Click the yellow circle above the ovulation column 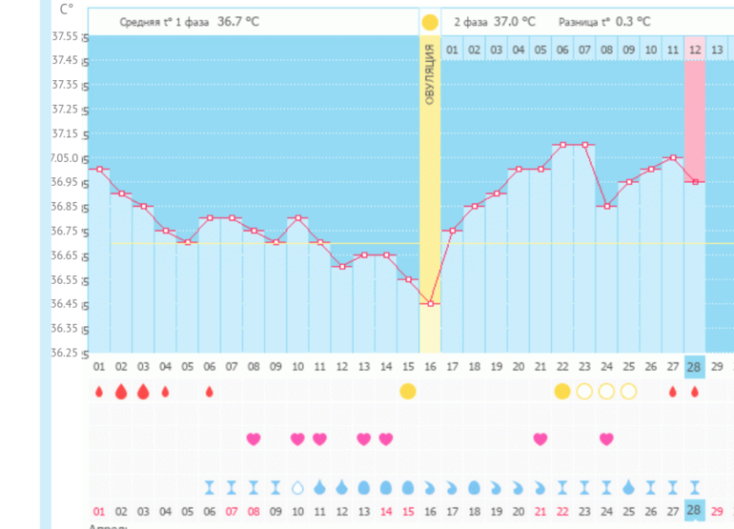(430, 22)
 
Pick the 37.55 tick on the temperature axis (64, 36)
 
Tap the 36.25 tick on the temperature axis (64, 353)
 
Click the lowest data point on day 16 (430, 304)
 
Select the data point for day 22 (562, 145)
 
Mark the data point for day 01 (98, 169)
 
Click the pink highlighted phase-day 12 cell (695, 49)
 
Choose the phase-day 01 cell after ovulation (452, 49)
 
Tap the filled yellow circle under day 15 (408, 391)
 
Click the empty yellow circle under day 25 (628, 391)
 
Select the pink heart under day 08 (254, 438)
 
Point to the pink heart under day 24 (606, 438)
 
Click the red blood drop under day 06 (209, 391)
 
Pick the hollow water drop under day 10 (297, 487)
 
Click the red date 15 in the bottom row (408, 512)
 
